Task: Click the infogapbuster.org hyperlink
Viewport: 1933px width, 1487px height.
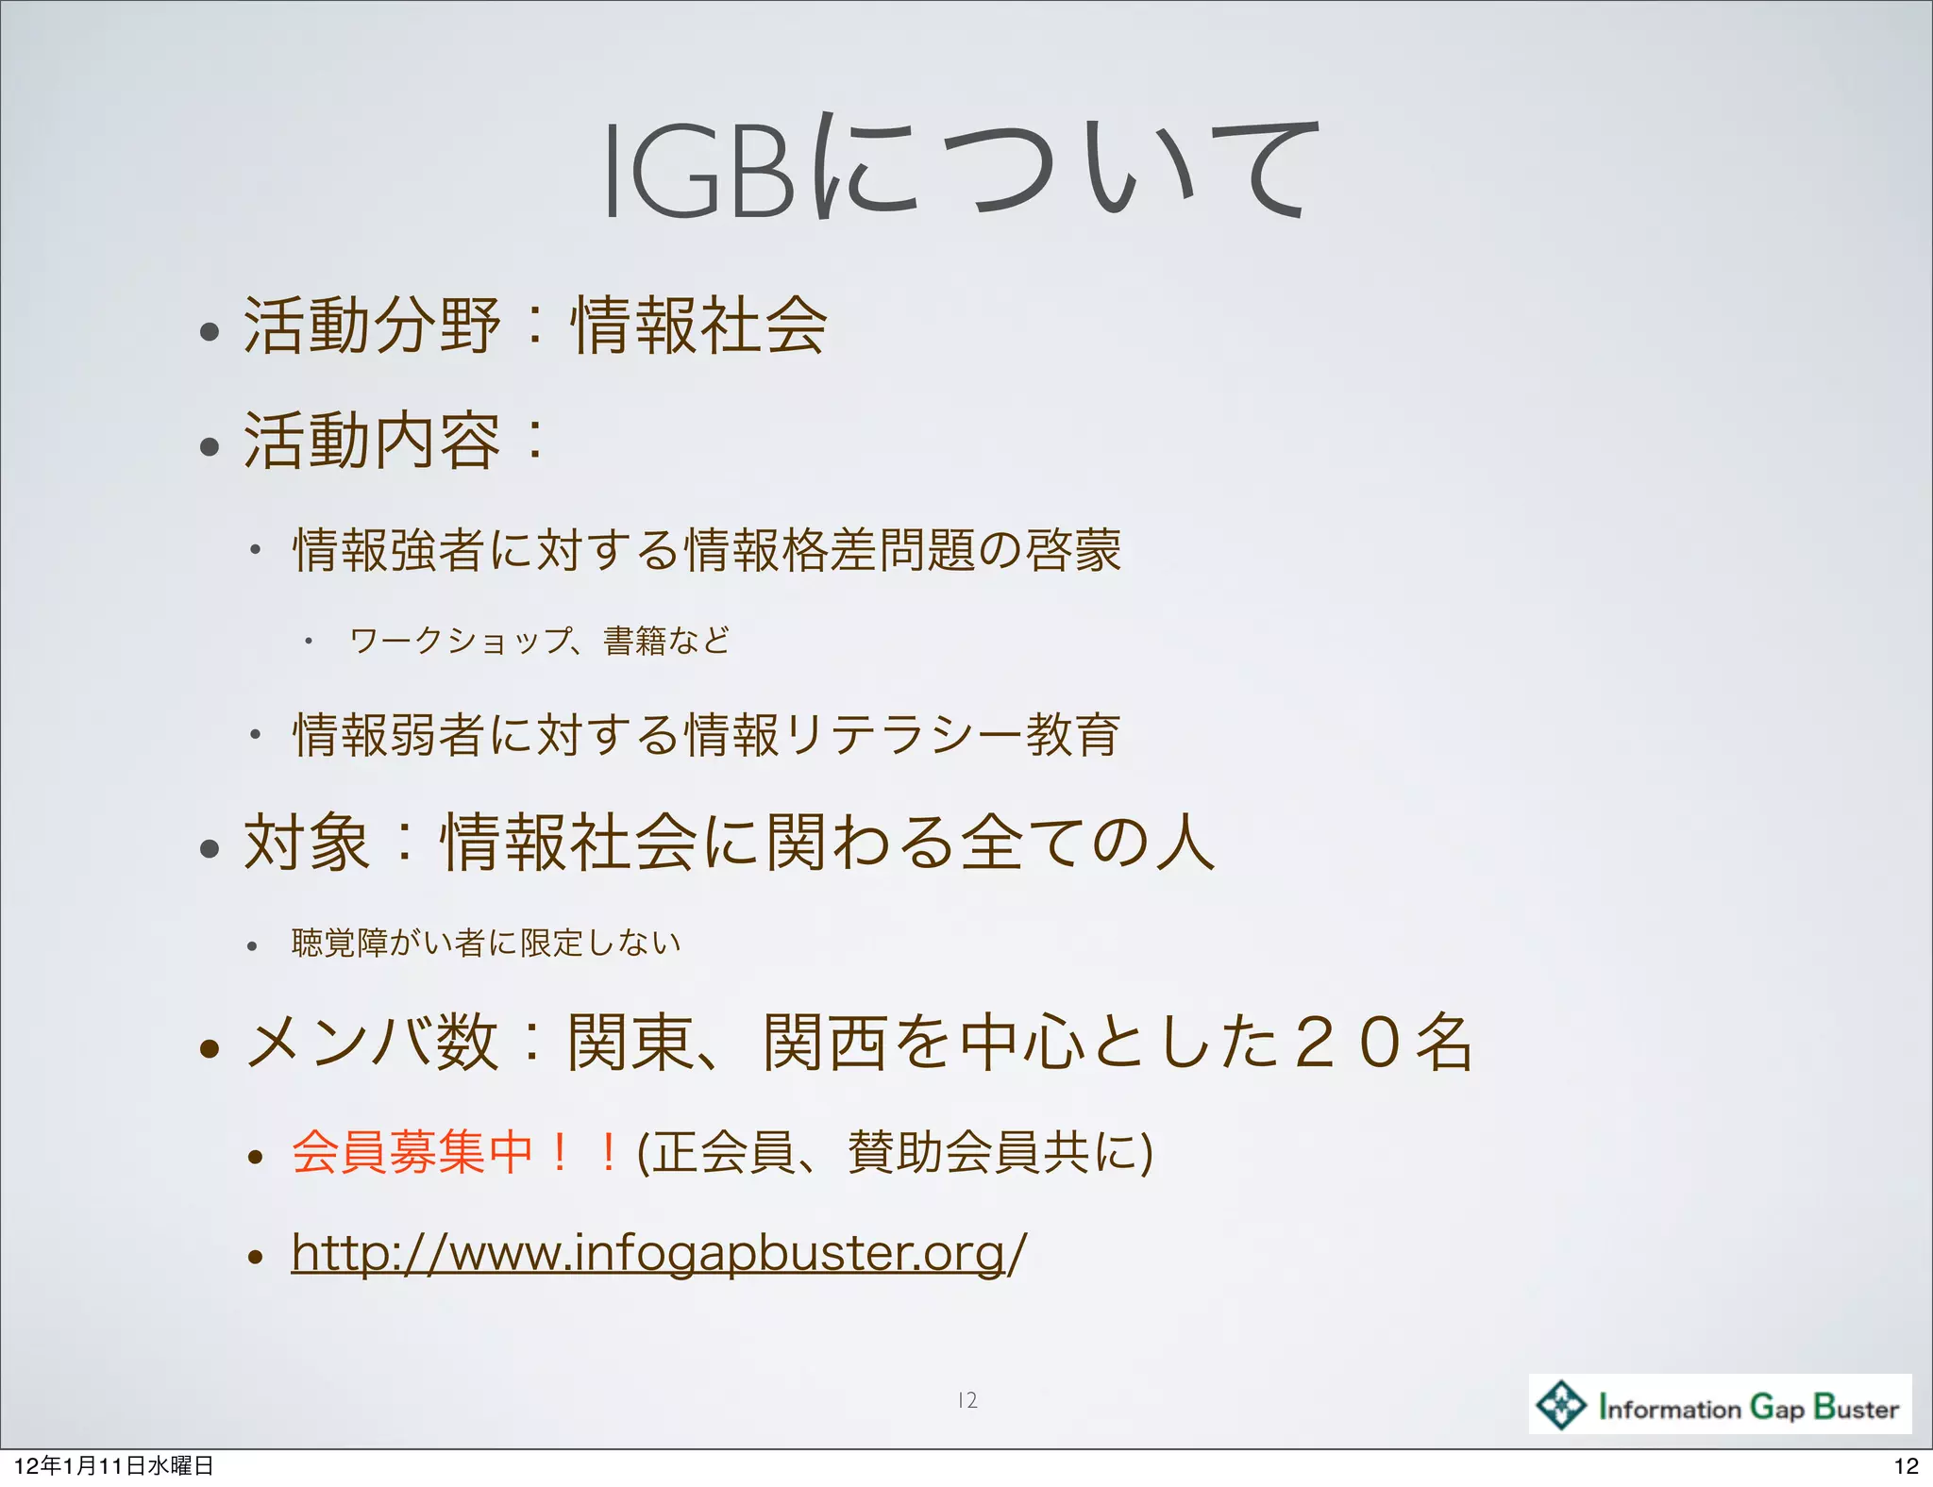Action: (x=658, y=1253)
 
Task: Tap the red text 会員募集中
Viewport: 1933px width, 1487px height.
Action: (x=412, y=1152)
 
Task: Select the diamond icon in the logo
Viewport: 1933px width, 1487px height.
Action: (x=1560, y=1405)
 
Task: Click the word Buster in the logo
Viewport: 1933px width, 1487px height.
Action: (x=1856, y=1408)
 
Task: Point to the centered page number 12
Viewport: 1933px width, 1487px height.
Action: (x=966, y=1400)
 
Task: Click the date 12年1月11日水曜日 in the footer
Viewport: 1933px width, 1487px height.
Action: (x=113, y=1465)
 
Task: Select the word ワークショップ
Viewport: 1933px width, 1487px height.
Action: (x=460, y=641)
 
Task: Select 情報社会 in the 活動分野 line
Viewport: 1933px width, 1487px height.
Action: (x=698, y=326)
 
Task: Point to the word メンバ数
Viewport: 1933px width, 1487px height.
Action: (x=371, y=1043)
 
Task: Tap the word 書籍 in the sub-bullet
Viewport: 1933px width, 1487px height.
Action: (x=633, y=641)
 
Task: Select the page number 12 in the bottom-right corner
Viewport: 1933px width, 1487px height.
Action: (x=1907, y=1465)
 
